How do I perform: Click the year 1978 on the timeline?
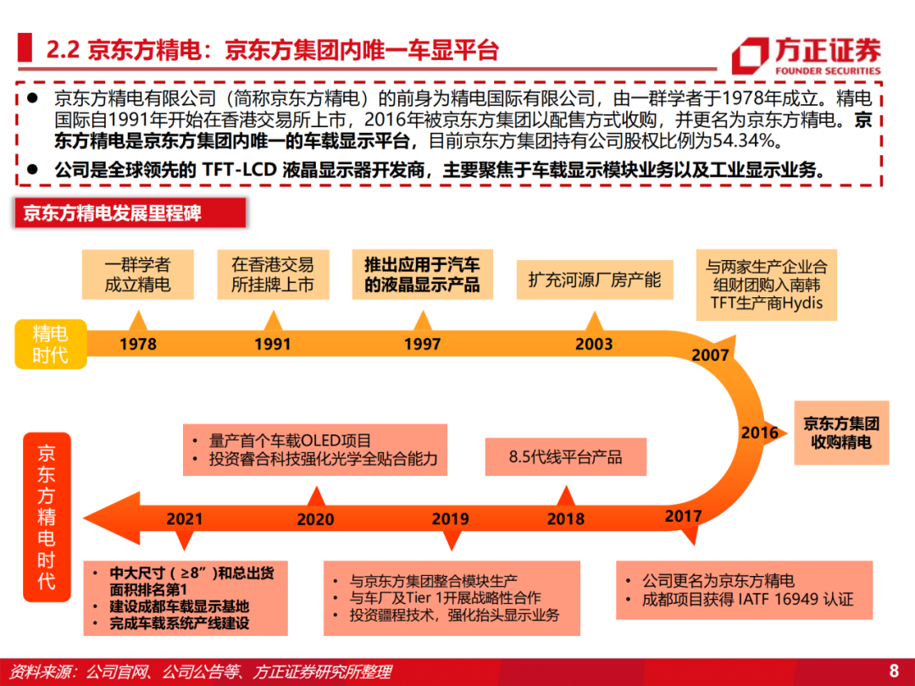[138, 345]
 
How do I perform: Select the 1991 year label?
[273, 345]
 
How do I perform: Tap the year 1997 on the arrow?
[422, 345]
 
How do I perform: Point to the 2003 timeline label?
[594, 345]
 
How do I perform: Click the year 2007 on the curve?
[710, 356]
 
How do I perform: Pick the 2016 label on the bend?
[759, 433]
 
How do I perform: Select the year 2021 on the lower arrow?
[185, 518]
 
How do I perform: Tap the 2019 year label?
[450, 518]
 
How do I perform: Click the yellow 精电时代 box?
[50, 344]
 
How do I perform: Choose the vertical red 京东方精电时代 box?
[47, 517]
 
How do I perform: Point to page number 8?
[893, 671]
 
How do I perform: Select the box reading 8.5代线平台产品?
[565, 457]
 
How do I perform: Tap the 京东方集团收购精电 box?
[841, 433]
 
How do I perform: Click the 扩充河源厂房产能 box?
[594, 279]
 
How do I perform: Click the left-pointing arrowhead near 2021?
[102, 518]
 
